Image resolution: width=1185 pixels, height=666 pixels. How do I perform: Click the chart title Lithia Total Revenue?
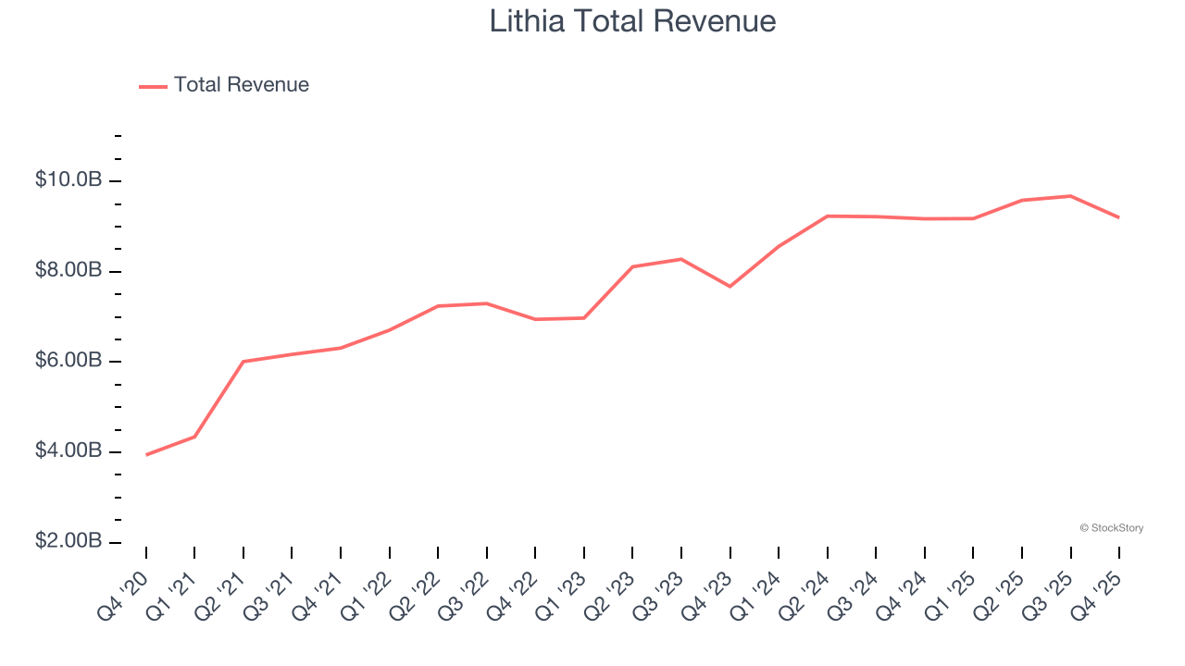tap(632, 21)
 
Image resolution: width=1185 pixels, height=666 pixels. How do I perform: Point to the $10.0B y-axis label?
tap(69, 179)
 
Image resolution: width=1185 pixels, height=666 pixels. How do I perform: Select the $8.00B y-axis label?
tap(69, 270)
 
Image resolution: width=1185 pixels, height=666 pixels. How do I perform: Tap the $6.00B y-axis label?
tap(69, 361)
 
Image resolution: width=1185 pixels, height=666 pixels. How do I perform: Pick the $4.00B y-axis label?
tap(69, 451)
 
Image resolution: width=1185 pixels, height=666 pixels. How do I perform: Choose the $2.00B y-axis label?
tap(69, 541)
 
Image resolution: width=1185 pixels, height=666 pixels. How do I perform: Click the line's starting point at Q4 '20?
tap(146, 455)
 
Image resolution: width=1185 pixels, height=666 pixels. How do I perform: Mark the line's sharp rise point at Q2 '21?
tap(243, 362)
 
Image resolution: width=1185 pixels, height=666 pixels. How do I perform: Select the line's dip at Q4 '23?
tap(730, 286)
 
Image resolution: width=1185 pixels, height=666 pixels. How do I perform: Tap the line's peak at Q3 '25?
tap(1070, 196)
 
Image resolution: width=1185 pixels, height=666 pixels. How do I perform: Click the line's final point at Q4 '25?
tap(1119, 217)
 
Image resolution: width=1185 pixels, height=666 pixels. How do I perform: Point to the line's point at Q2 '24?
tap(828, 216)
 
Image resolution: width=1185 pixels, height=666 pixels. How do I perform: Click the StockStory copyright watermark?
tap(1111, 528)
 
